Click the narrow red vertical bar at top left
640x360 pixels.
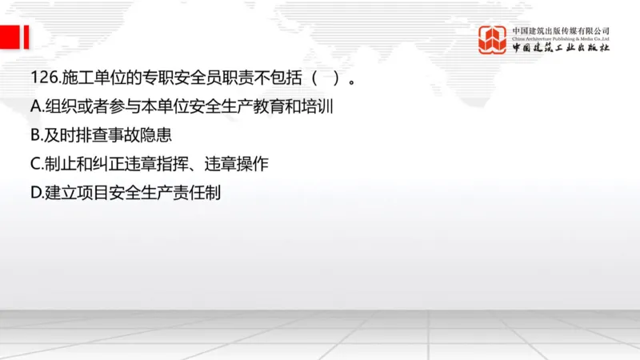point(27,36)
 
